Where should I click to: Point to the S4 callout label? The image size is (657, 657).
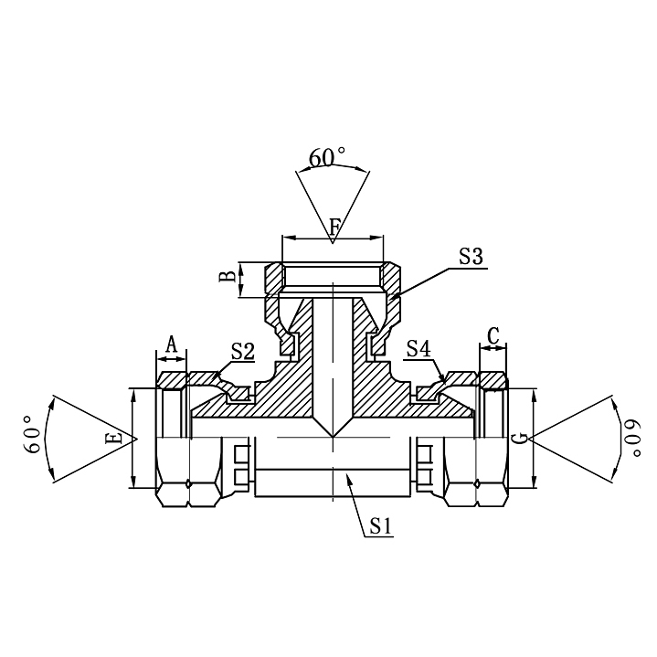(419, 348)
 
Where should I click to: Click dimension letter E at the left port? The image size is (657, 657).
(113, 439)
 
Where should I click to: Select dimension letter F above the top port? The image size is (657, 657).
(334, 224)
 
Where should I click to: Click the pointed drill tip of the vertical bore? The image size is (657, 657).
(333, 435)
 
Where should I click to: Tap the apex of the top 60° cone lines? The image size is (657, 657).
(333, 243)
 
